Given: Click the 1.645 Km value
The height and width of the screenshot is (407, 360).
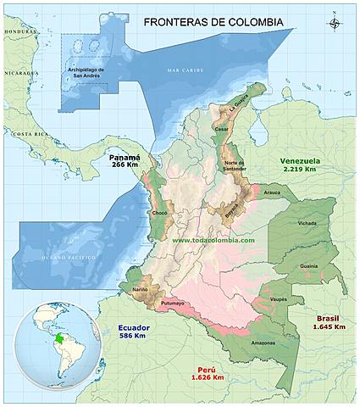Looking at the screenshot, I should (329, 326).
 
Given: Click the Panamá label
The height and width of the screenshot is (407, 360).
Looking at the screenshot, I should (124, 157).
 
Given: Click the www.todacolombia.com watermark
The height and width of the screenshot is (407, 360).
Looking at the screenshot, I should (213, 240).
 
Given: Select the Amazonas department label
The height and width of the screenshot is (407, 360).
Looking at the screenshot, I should (262, 343).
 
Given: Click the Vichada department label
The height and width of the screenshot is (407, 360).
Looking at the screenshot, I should (307, 223).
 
